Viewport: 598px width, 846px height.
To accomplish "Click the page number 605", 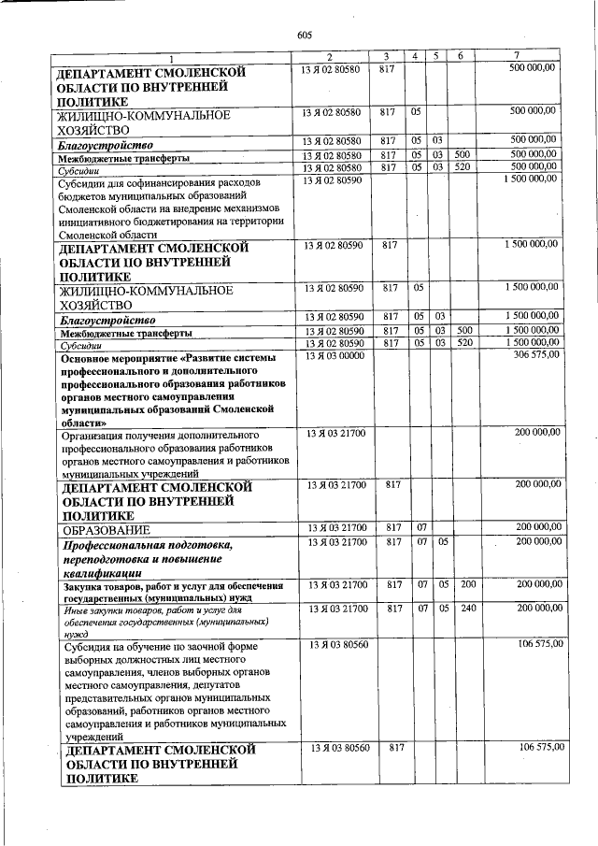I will click(x=303, y=35).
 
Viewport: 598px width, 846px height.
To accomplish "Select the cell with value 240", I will click(x=468, y=608).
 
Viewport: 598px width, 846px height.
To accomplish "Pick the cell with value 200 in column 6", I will click(x=468, y=584).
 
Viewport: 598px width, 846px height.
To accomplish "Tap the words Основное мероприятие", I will click(x=120, y=358).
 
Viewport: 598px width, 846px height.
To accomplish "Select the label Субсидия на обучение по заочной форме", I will click(x=159, y=646).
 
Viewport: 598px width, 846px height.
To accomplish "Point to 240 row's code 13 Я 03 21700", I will click(x=334, y=608).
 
